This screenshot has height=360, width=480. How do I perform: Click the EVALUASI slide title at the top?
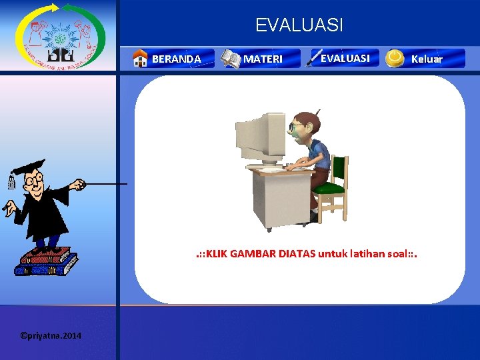pos(299,25)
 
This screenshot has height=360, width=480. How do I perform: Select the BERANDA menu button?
pos(175,59)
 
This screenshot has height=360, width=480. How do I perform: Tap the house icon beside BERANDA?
pos(140,59)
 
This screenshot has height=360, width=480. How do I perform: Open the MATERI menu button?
pos(263,59)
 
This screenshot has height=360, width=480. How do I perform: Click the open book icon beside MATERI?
pos(231,59)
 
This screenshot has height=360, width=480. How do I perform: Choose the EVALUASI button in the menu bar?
pos(345,58)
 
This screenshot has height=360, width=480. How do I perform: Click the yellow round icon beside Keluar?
pos(395,58)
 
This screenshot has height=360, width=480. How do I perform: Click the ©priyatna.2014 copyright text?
pos(51,335)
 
